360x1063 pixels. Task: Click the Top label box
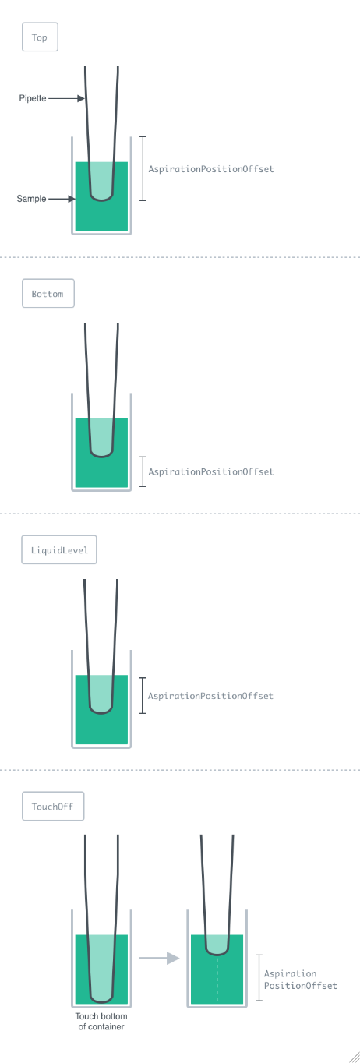(x=40, y=37)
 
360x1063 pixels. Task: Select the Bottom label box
(x=48, y=293)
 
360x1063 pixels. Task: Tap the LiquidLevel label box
(x=59, y=549)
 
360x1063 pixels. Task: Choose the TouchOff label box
(x=53, y=806)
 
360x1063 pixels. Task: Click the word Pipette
(x=32, y=98)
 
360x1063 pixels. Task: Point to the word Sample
(x=31, y=199)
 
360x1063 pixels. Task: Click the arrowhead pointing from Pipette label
(x=81, y=98)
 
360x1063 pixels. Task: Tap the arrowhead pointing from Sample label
(x=72, y=199)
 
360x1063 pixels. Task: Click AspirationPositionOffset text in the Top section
(x=211, y=169)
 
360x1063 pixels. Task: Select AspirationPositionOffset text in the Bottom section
(x=211, y=471)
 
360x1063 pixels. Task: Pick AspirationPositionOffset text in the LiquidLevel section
(x=210, y=696)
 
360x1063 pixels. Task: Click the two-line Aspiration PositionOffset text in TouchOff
(x=301, y=980)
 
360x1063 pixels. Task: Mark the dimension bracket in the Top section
(x=143, y=168)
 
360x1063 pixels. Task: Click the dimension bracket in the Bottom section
(x=143, y=471)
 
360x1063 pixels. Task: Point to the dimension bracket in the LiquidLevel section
(x=143, y=695)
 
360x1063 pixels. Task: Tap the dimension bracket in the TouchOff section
(x=259, y=977)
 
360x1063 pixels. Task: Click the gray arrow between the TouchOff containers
(x=159, y=958)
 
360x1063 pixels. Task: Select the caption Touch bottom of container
(x=101, y=1021)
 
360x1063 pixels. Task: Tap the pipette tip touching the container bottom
(x=101, y=1001)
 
